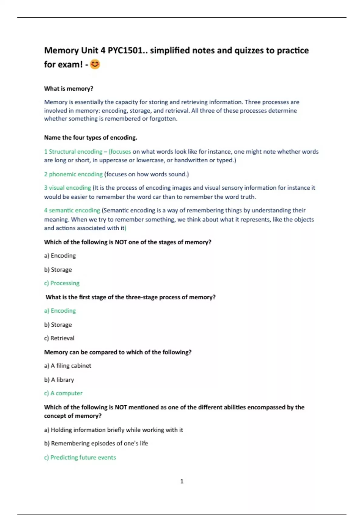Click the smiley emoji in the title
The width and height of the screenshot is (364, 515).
[95, 64]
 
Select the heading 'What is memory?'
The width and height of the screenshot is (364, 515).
[69, 89]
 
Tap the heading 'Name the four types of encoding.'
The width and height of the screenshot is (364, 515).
[90, 138]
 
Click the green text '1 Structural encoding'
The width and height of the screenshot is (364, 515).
[73, 151]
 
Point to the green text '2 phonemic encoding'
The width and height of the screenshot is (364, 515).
[73, 174]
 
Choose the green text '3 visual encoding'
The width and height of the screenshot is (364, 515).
[67, 188]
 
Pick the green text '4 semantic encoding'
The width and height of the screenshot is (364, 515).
[72, 210]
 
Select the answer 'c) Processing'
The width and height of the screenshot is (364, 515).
[62, 283]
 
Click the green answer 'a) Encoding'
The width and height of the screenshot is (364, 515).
[60, 311]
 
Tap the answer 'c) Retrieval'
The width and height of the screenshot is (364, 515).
[59, 338]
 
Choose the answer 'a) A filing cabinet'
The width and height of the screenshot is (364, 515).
[67, 366]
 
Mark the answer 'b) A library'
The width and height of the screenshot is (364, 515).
[59, 380]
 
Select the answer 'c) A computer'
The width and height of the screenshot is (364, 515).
[63, 393]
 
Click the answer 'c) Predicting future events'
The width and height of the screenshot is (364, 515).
[80, 457]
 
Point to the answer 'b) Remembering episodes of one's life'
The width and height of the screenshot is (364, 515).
[96, 444]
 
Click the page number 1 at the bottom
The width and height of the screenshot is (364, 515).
[182, 481]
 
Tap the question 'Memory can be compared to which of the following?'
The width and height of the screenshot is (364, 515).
[118, 352]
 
